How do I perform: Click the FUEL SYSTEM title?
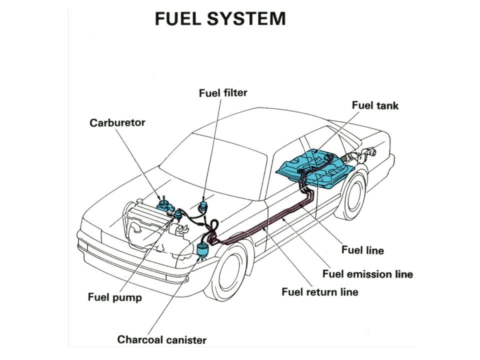click(x=220, y=19)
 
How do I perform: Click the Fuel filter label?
click(x=223, y=93)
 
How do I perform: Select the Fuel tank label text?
click(x=375, y=105)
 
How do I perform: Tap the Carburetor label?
click(x=117, y=122)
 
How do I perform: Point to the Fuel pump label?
click(x=114, y=297)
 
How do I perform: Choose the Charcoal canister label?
click(x=161, y=340)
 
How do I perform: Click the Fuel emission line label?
click(x=367, y=274)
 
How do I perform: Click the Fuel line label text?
click(x=362, y=249)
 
